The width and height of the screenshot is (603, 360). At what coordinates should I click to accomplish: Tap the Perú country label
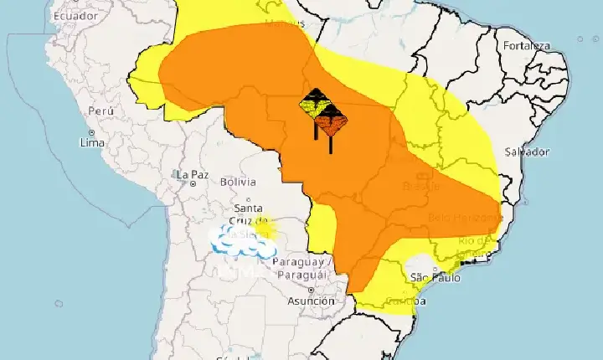coord(100,111)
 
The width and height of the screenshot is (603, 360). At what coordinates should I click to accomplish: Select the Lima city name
coord(91,143)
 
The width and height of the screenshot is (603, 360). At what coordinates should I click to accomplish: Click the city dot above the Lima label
coord(91,132)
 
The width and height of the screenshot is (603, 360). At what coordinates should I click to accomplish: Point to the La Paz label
coord(192,174)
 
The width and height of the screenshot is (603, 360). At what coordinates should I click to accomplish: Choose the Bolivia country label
coord(236,182)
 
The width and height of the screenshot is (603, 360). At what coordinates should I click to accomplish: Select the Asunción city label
coord(310,301)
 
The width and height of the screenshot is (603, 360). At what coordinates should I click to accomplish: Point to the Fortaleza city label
coord(528,45)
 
